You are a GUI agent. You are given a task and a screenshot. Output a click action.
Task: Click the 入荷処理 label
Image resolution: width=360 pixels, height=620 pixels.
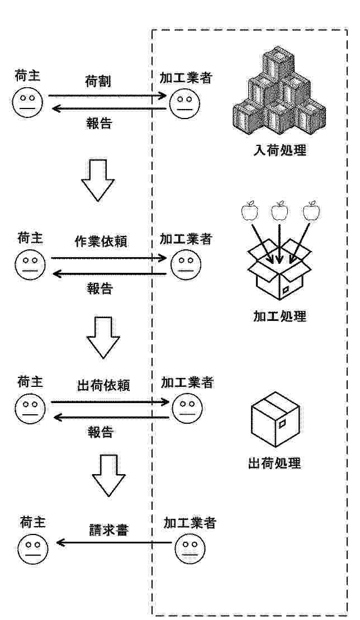[280, 150]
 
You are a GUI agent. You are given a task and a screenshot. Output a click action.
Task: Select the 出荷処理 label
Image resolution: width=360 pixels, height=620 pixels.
[274, 462]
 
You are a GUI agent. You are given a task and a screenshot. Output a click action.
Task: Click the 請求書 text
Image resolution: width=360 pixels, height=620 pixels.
[109, 530]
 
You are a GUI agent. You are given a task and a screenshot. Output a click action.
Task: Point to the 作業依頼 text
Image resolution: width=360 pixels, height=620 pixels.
[101, 242]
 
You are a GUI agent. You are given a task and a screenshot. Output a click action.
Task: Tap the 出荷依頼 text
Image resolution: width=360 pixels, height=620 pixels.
[103, 385]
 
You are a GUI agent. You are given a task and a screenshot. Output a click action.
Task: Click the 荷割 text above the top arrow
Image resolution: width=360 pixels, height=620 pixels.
[98, 82]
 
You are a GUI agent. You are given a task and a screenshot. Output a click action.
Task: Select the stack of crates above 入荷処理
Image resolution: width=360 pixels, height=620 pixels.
[279, 91]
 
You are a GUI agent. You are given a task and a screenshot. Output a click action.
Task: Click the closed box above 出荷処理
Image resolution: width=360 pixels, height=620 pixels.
[276, 419]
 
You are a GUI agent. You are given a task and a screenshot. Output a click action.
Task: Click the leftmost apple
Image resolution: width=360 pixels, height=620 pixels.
[249, 211]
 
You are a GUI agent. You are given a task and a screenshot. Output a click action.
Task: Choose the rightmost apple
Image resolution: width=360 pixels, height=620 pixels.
[311, 211]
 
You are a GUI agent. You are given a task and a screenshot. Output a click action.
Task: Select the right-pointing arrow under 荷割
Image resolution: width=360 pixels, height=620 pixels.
[107, 95]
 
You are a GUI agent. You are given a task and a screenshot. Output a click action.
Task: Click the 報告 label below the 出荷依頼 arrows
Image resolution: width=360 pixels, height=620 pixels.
[100, 432]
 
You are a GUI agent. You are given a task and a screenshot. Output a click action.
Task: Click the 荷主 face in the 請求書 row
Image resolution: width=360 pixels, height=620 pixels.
[33, 550]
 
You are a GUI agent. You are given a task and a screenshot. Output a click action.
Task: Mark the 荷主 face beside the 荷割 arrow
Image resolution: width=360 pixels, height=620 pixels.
[27, 102]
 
